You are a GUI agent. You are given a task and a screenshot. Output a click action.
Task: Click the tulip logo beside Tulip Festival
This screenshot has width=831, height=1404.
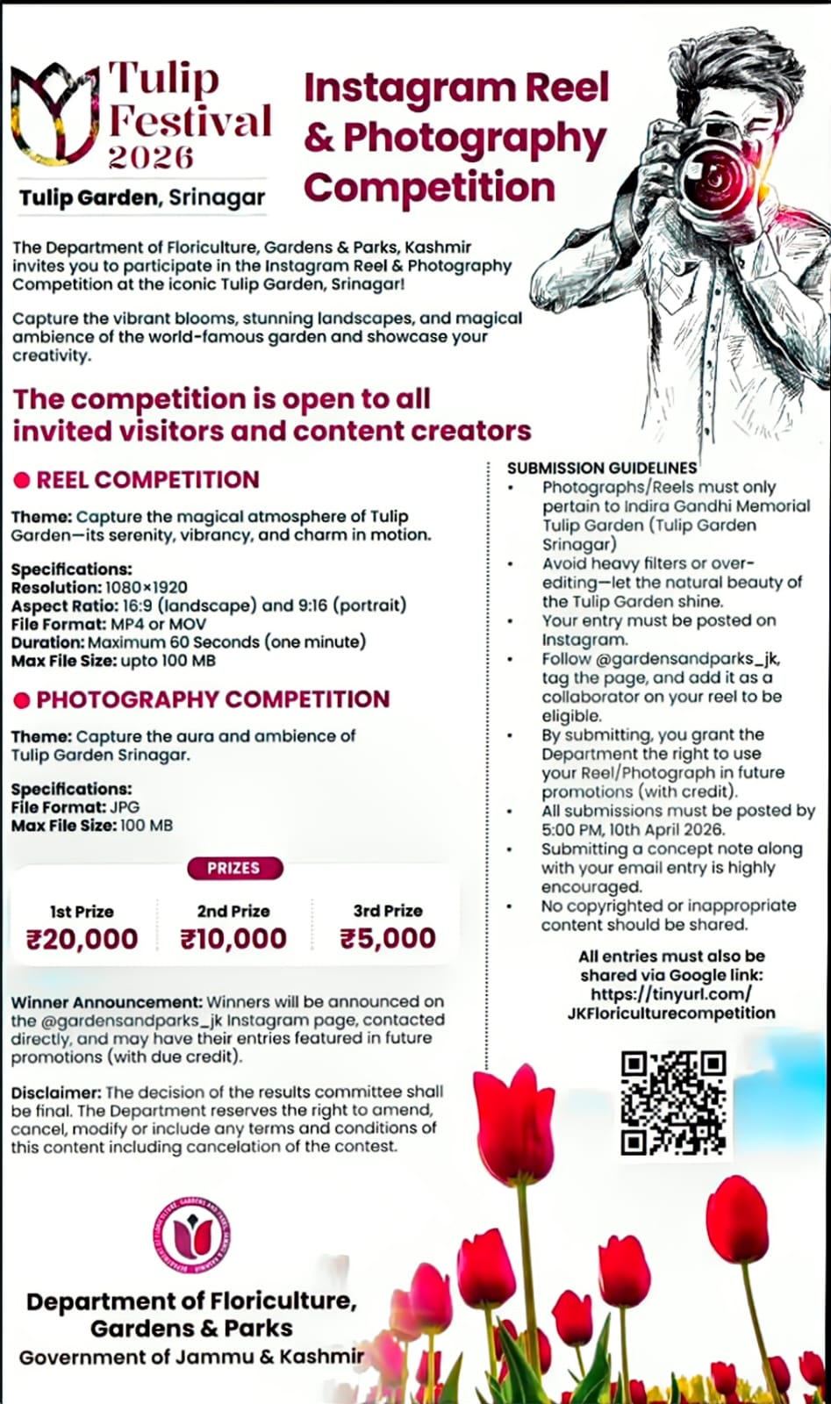point(53,111)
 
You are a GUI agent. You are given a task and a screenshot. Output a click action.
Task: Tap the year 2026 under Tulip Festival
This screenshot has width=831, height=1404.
point(150,157)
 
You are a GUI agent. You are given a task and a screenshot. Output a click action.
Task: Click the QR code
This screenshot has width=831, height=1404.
point(673,1102)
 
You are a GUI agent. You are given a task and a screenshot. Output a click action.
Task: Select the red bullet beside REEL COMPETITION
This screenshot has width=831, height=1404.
point(22,481)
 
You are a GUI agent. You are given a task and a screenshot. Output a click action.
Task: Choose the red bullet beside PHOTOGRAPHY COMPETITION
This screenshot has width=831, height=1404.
point(22,700)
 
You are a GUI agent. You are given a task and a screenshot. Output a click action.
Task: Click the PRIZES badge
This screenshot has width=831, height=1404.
point(234,868)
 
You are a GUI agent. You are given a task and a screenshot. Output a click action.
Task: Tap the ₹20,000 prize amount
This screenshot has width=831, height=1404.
point(82,939)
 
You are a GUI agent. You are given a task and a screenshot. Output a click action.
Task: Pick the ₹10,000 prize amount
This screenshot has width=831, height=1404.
point(233,939)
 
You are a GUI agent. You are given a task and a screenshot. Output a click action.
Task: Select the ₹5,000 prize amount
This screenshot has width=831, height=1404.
point(388,938)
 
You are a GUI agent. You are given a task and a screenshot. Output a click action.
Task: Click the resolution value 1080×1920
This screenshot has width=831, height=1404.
point(146,587)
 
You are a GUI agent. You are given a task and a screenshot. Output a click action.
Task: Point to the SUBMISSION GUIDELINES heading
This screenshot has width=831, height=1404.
point(602,469)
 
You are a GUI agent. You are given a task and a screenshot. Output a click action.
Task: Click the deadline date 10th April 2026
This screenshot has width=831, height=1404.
point(653,830)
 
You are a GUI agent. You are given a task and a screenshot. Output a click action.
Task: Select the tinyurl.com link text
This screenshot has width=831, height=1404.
point(671,993)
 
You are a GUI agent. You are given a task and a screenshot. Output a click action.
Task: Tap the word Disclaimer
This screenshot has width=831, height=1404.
point(55,1092)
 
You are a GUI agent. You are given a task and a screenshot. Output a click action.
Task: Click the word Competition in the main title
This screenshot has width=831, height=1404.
point(429,187)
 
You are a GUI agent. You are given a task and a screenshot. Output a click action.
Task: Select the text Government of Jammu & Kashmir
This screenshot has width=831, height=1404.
point(191,1357)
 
